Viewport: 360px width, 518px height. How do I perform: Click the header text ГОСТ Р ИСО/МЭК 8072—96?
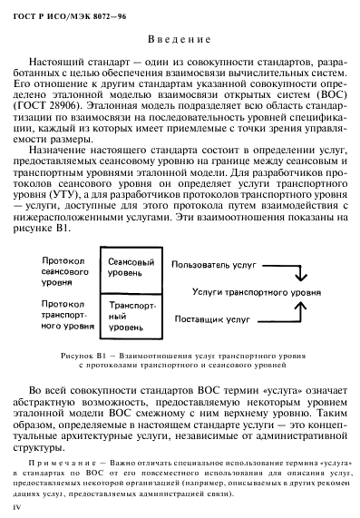[x=61, y=11]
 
